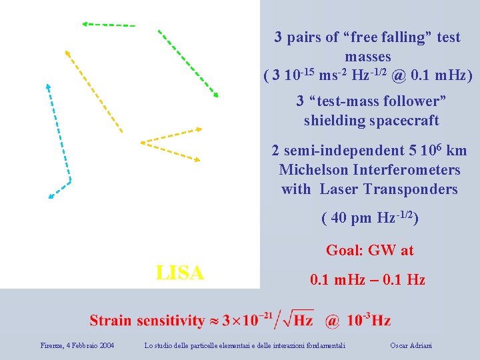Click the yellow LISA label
(179, 272)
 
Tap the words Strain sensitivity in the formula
(147, 320)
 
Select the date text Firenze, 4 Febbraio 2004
(77, 345)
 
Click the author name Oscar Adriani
(411, 345)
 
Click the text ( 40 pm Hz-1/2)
(369, 218)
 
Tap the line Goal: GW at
(369, 251)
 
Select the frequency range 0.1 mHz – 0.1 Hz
(368, 280)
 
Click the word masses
(368, 57)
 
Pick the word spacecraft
(406, 121)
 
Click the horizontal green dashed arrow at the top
(109, 24)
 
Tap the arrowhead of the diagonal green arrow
(215, 95)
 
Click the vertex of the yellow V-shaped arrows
(142, 142)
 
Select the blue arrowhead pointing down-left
(51, 196)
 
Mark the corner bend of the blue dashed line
(69, 180)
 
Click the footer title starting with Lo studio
(245, 345)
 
